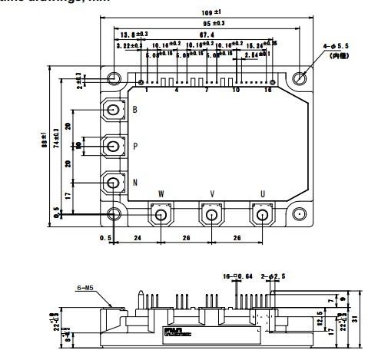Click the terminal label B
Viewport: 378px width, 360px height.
[x=135, y=110]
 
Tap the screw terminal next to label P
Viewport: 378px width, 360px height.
[x=114, y=145]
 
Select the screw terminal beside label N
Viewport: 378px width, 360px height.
[x=114, y=182]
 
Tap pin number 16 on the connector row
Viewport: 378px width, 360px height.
[x=269, y=91]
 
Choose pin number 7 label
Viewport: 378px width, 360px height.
[x=207, y=91]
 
